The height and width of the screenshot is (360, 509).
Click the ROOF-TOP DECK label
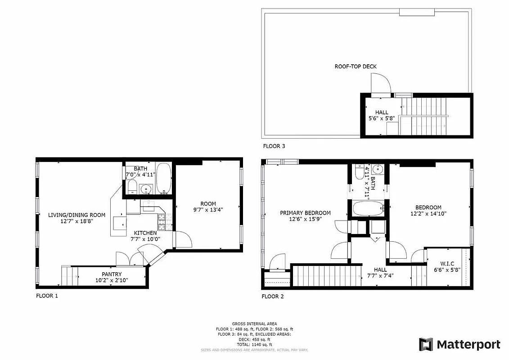(355, 67)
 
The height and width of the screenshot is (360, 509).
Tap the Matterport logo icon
(426, 344)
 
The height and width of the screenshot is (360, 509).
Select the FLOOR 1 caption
(47, 296)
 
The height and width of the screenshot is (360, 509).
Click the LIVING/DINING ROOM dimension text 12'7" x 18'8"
(77, 222)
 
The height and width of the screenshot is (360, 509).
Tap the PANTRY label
(111, 274)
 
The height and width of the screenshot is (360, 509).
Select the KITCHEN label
(144, 233)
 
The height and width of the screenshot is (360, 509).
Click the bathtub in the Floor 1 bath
(163, 179)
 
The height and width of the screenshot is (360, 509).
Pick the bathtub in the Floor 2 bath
(368, 209)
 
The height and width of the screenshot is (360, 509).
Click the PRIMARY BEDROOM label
(305, 213)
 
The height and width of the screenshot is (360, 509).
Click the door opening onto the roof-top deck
(380, 85)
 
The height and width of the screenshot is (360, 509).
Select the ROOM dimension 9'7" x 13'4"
(205, 209)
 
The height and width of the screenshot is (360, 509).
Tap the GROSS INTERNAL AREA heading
(254, 324)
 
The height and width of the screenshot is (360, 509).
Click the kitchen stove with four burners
(162, 220)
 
